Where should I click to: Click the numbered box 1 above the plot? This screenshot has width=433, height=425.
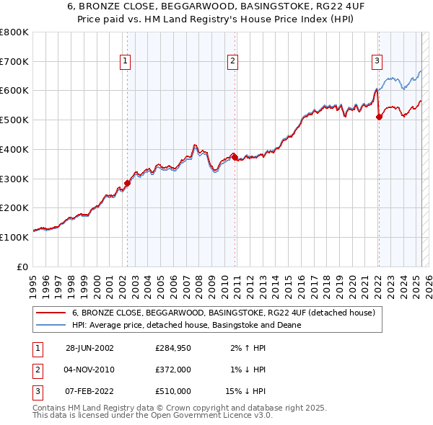[x=126, y=62]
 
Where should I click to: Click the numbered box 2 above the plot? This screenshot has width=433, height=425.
[x=233, y=62]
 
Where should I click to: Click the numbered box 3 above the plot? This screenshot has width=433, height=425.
[x=377, y=62]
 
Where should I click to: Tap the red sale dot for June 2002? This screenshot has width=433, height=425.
[x=128, y=183]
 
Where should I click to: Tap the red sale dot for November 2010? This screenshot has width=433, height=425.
[x=235, y=157]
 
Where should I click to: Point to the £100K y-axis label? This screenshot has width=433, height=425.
[x=14, y=237]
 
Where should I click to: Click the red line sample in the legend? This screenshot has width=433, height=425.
[x=51, y=313]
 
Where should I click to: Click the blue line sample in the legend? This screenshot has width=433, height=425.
[x=51, y=325]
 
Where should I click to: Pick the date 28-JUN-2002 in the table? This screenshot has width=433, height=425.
[x=89, y=348]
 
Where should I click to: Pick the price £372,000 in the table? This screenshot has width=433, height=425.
[x=173, y=370]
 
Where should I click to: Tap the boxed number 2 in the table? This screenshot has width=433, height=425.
[x=36, y=370]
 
